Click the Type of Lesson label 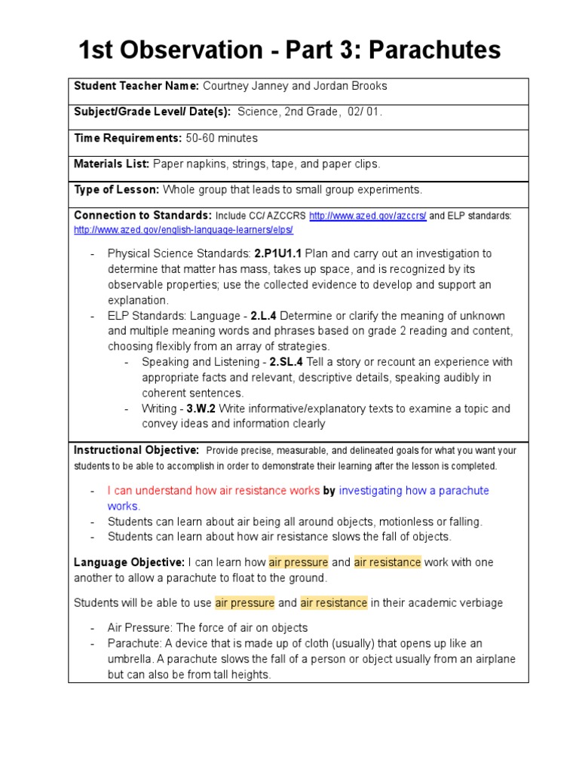coord(116,189)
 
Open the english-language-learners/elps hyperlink coord(183,230)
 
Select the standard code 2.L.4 coord(269,316)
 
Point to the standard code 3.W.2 coord(201,409)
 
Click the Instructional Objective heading coord(136,450)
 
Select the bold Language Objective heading coord(129,562)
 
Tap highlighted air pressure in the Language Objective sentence coord(299,562)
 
